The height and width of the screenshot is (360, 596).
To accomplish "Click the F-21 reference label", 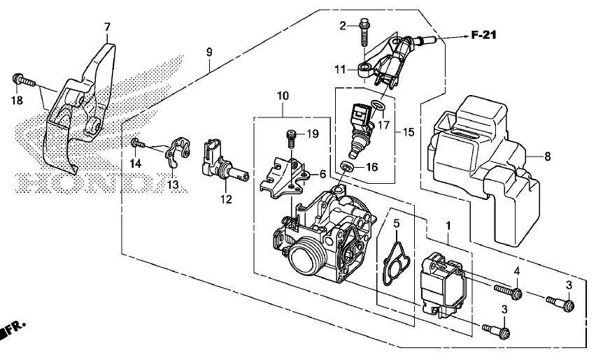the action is (484, 36).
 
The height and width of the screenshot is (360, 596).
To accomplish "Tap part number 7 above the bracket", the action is (107, 27).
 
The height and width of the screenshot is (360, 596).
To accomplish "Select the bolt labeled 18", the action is (24, 80).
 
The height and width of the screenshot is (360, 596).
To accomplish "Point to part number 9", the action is (209, 52).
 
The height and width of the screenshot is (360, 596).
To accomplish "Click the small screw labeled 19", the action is (292, 138).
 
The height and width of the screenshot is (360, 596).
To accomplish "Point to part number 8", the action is (547, 156).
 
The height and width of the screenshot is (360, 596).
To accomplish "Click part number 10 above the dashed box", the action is (283, 96).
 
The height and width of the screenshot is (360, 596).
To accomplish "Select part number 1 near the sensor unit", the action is (448, 226).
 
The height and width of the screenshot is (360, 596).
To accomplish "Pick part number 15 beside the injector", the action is (409, 132).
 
